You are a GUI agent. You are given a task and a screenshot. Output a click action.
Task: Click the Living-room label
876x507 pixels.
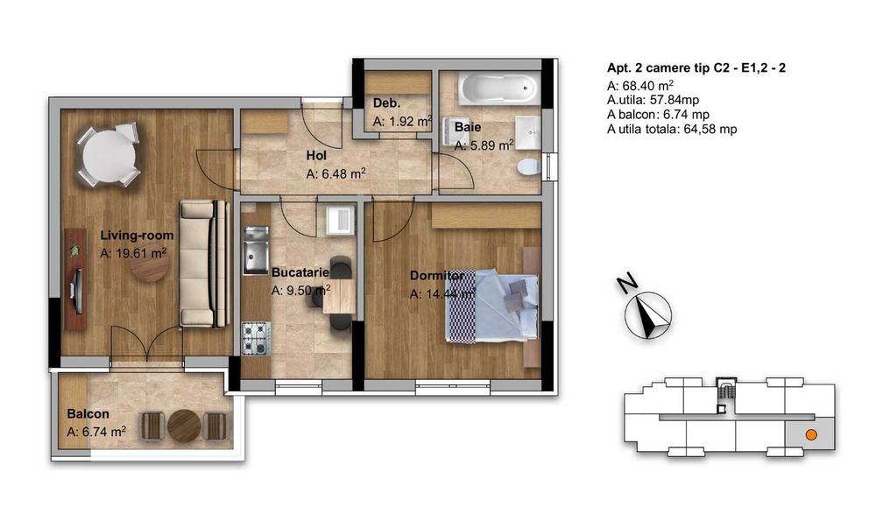click(x=137, y=236)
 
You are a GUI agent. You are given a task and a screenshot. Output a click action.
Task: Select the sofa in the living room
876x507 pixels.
click(x=198, y=263)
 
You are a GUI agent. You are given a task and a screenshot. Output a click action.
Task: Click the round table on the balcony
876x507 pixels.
click(x=185, y=426)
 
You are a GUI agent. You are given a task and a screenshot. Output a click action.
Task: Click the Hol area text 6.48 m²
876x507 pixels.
click(x=336, y=174)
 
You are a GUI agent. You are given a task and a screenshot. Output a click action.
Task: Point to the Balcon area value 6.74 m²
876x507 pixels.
click(x=96, y=431)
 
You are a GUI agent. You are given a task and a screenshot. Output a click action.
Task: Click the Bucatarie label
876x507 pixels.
click(x=300, y=272)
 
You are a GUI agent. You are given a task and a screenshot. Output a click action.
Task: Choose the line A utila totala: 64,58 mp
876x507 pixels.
click(x=671, y=129)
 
